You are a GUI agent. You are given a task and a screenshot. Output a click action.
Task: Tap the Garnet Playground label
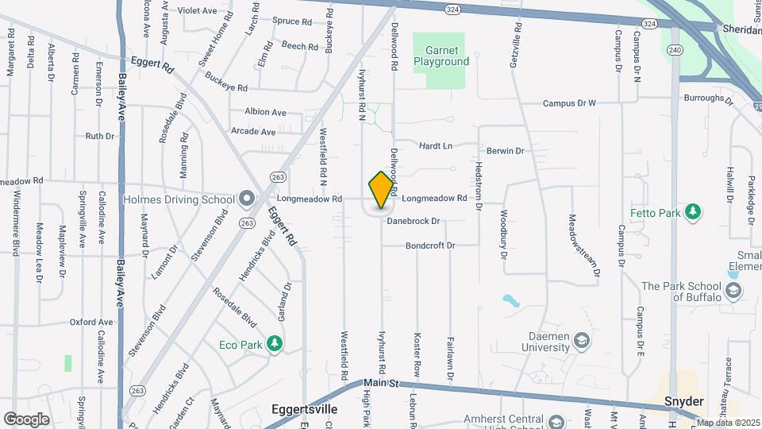click(x=441, y=55)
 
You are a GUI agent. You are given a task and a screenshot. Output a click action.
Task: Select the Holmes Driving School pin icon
click(x=247, y=199)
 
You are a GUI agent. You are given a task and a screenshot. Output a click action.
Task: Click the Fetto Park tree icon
click(x=694, y=211)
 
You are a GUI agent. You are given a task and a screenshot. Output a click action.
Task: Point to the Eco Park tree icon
click(x=275, y=343)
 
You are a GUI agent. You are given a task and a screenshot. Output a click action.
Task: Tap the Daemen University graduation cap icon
click(x=583, y=341)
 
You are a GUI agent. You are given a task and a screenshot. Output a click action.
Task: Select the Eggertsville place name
click(x=306, y=410)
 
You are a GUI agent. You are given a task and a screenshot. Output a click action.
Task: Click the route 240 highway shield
click(x=675, y=49)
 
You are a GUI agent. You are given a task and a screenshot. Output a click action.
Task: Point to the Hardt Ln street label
click(x=435, y=146)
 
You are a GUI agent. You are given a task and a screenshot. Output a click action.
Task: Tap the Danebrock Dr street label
click(x=414, y=221)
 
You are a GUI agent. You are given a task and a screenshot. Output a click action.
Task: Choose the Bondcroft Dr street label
click(x=430, y=245)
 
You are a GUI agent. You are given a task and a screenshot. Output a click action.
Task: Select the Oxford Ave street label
click(x=90, y=322)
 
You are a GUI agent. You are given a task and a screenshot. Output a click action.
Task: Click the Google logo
click(x=26, y=419)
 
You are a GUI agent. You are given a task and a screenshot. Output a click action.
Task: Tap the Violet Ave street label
click(x=197, y=10)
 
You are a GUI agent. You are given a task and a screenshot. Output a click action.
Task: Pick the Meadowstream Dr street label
click(x=584, y=245)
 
